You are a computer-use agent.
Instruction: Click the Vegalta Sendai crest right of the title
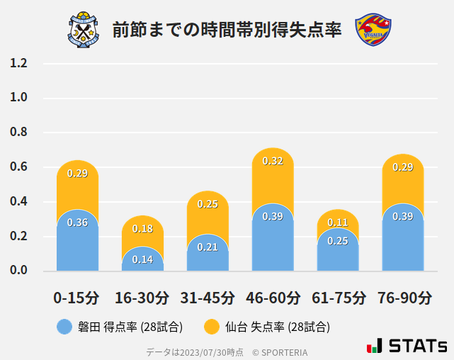373,29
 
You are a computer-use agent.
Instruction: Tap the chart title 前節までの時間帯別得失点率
227,30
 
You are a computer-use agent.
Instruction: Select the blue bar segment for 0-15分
77,244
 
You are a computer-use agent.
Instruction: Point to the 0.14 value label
142,259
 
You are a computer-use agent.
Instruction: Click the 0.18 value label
142,229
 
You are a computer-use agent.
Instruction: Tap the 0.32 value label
273,161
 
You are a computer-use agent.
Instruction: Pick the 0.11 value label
338,223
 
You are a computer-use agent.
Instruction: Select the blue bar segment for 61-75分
338,252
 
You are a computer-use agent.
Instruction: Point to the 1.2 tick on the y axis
18,63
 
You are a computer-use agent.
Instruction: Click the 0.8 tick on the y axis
18,133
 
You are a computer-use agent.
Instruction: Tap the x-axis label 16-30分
142,298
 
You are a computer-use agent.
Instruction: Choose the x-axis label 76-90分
403,298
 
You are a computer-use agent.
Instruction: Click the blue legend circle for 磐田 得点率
64,327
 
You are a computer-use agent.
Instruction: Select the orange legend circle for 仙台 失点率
212,327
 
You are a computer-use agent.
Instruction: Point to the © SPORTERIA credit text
280,351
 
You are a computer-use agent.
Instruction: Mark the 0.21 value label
208,247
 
